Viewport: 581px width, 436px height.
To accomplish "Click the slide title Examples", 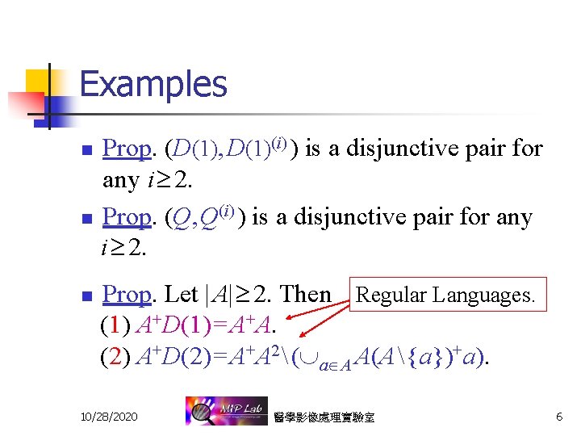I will (153, 84).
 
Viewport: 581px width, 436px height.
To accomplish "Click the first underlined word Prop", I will (127, 149).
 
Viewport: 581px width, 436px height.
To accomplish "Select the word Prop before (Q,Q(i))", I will (127, 218).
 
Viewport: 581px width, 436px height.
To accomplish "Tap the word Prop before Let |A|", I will (127, 296).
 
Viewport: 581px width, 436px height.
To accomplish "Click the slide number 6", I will (558, 416).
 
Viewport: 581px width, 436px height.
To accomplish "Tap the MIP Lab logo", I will (223, 411).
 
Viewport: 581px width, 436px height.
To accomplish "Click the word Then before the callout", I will (304, 296).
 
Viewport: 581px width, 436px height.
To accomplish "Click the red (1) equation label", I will (115, 325).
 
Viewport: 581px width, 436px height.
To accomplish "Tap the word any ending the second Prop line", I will (509, 218).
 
